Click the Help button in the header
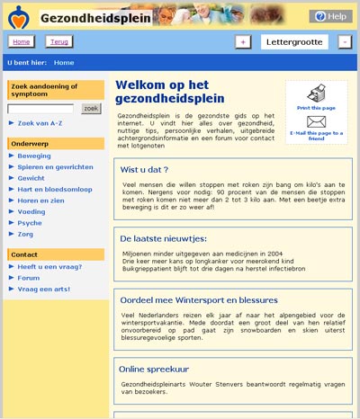pyautogui.click(x=330, y=16)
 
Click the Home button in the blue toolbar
pyautogui.click(x=22, y=42)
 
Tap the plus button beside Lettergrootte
pyautogui.click(x=243, y=42)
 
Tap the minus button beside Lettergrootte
pyautogui.click(x=345, y=42)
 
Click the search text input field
pyautogui.click(x=40, y=109)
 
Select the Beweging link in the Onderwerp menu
pyautogui.click(x=33, y=156)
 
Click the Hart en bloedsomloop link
pyautogui.click(x=55, y=189)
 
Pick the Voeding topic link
pyautogui.click(x=31, y=211)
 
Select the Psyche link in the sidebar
pyautogui.click(x=30, y=222)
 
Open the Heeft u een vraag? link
pyautogui.click(x=49, y=267)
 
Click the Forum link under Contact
pyautogui.click(x=29, y=278)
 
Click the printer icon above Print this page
pyautogui.click(x=316, y=94)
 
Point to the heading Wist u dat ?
pyautogui.click(x=144, y=169)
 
